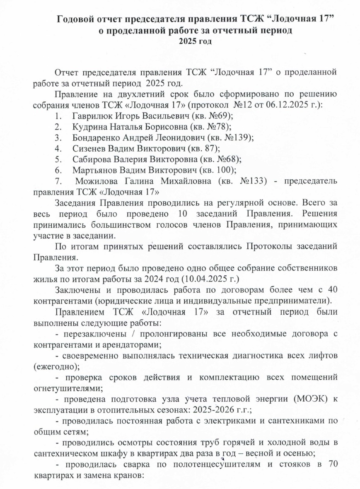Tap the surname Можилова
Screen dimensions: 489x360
[94, 181]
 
